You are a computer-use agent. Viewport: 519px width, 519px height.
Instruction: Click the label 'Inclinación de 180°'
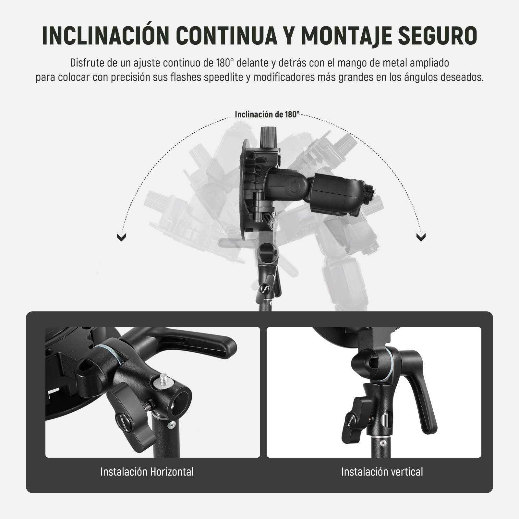[267, 115]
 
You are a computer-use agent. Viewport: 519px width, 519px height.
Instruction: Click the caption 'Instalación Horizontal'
[147, 472]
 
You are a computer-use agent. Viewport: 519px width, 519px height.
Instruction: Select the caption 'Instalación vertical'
[382, 472]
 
